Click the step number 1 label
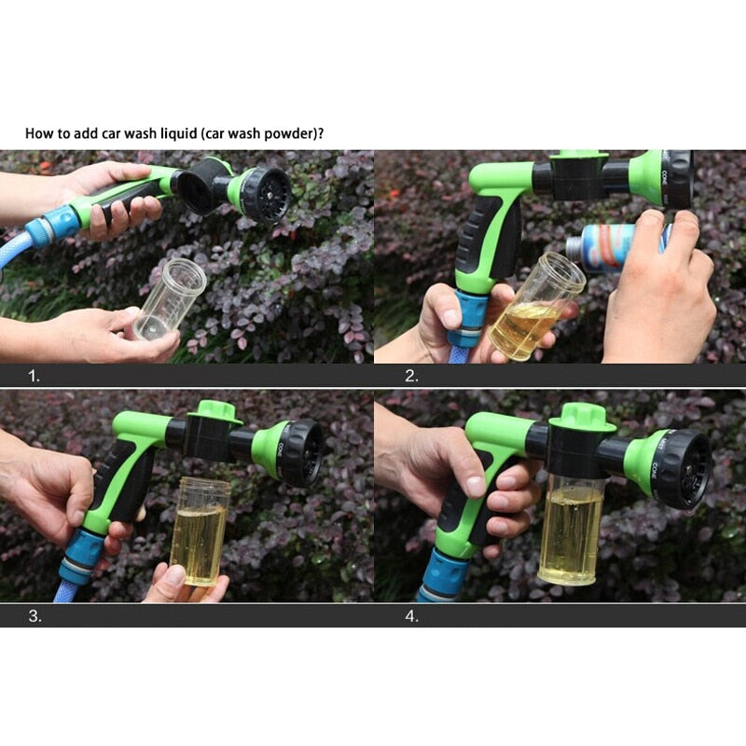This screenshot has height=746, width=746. pos(34,377)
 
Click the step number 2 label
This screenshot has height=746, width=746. pos(411,377)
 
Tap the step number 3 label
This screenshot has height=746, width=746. pos(34,616)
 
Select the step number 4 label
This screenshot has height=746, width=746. pos(411,616)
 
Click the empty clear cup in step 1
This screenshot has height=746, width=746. pos(168,298)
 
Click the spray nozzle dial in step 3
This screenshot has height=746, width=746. pos(300,451)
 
